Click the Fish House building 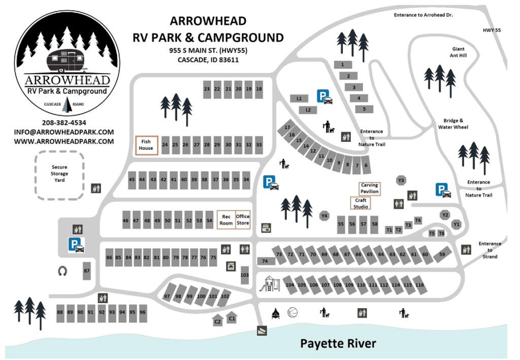coord(146,145)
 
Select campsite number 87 coord(87,271)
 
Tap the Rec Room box coord(226,220)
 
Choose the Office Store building coord(243,220)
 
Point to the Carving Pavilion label coord(369,188)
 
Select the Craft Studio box coord(361,203)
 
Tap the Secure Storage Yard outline coord(59,174)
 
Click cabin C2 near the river coord(217,321)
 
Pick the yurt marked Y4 coord(324,216)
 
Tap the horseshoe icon coord(62,271)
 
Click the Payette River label coord(338,343)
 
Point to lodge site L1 coord(299,98)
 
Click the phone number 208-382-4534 coord(64,122)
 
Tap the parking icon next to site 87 coord(77,245)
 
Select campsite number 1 coord(343,64)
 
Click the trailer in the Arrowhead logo coord(64,60)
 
